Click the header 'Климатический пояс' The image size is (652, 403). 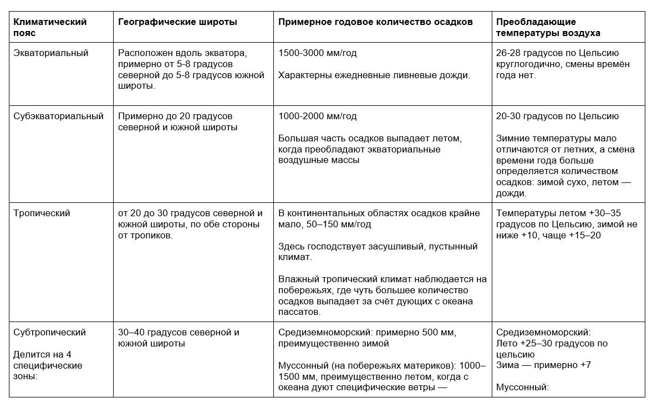coord(50,28)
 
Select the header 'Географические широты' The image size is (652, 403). coord(177,22)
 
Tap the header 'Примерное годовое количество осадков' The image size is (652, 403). coord(375,22)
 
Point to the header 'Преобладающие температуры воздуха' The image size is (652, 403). coord(548,28)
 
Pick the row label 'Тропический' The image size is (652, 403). coord(42,213)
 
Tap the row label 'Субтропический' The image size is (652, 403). coord(49,333)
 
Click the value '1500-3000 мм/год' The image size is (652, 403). coord(317,53)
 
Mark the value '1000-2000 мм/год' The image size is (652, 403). coord(317,116)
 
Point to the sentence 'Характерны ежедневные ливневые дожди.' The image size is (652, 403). coord(374,75)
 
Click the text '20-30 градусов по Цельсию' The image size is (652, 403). coord(558,116)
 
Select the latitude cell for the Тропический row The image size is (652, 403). coord(190,225)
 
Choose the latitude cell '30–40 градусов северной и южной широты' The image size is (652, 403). coord(179,338)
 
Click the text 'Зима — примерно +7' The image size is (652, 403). coord(536,366)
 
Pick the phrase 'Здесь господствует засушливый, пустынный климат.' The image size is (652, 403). coord(378,252)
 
